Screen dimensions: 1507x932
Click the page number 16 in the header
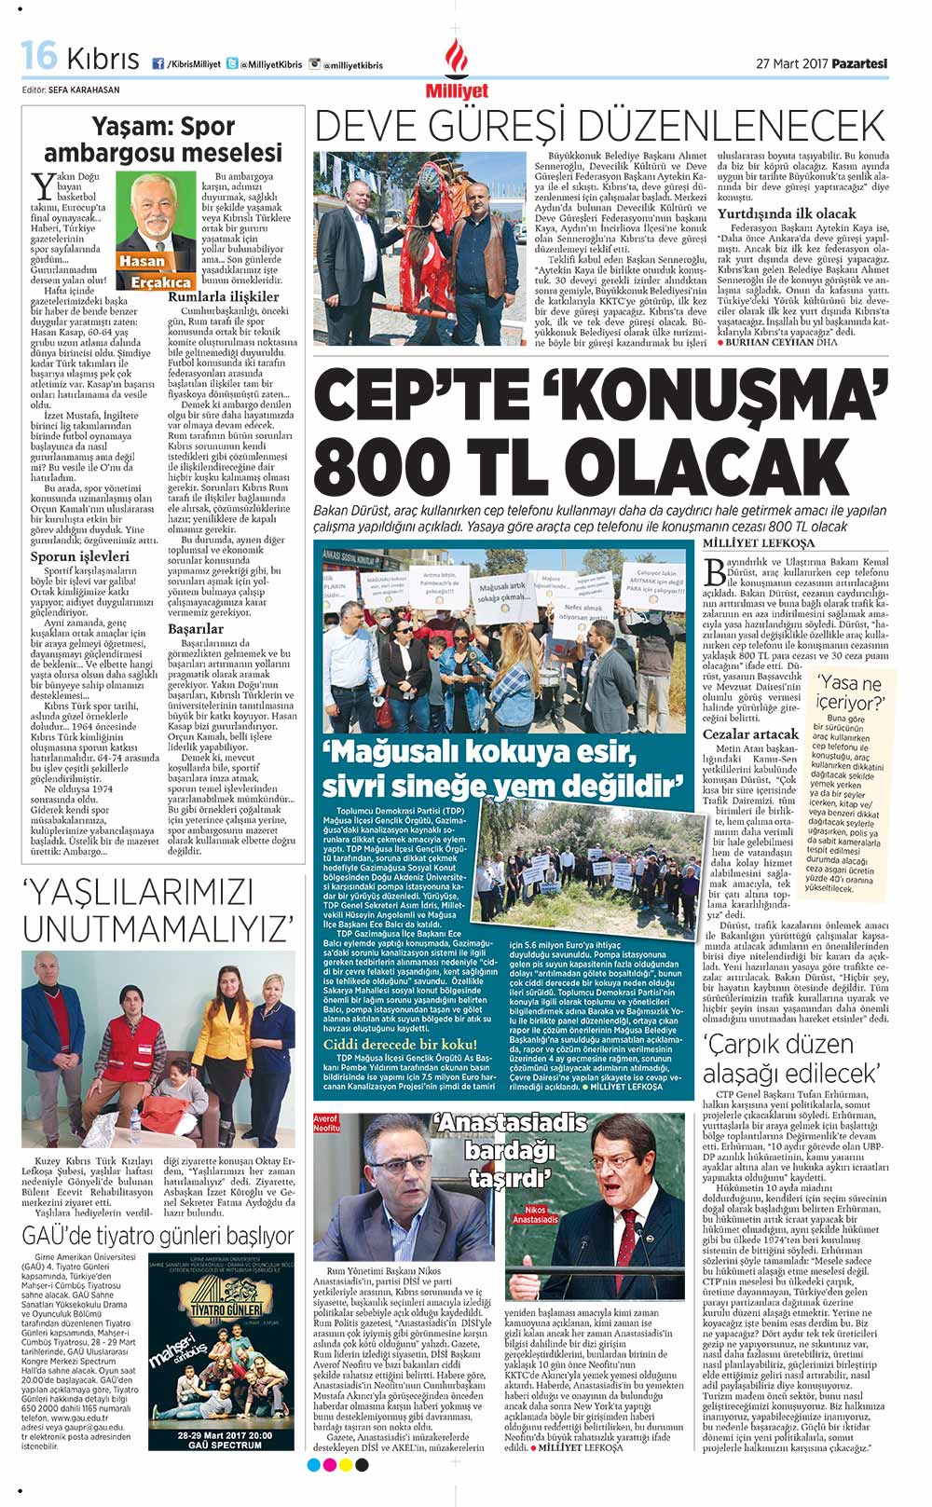[38, 57]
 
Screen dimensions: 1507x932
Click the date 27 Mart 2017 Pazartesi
[821, 63]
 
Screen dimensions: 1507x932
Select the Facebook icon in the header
[158, 63]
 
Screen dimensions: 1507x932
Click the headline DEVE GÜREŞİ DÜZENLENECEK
[599, 127]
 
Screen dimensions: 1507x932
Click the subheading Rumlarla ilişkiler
[224, 296]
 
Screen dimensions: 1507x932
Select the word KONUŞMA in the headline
[726, 396]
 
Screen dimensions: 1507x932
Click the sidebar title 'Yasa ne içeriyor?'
[848, 692]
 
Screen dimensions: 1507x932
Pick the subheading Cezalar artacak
[750, 733]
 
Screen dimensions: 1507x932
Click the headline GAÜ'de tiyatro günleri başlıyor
[158, 1236]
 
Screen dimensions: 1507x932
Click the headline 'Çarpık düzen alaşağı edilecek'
[790, 1058]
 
